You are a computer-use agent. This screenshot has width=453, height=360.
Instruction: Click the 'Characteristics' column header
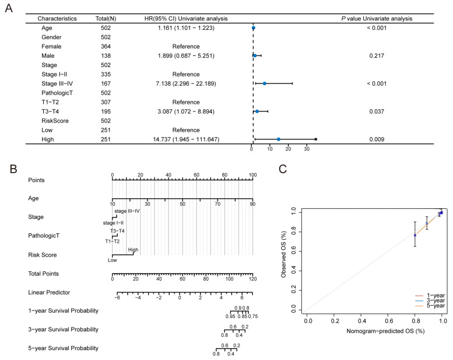tap(57, 19)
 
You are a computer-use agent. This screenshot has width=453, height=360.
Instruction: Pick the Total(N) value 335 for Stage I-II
tap(106, 74)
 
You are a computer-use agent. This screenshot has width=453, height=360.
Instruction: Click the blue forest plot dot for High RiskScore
tap(279, 139)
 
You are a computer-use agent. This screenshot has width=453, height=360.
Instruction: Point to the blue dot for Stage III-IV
tap(265, 83)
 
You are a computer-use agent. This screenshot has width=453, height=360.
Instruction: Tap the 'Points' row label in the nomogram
tap(37, 180)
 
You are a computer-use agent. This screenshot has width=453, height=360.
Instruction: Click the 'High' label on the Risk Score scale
tap(133, 249)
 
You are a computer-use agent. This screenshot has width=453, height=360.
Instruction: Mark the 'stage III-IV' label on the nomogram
tap(127, 211)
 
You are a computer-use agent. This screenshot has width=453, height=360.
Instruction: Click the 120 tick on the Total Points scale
tap(252, 279)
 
